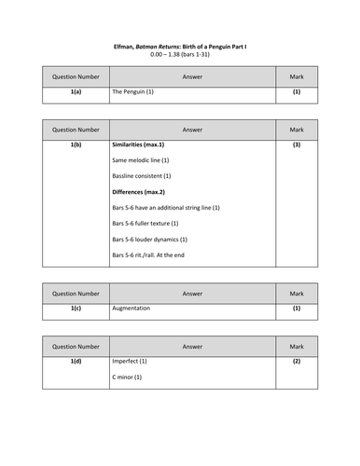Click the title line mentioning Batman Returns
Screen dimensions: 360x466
coord(179,44)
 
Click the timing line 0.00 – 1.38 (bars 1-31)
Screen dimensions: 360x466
coord(179,54)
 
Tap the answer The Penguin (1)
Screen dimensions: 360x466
coord(132,92)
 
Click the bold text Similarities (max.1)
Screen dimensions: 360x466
coord(137,145)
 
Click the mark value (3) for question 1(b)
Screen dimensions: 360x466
coord(297,145)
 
